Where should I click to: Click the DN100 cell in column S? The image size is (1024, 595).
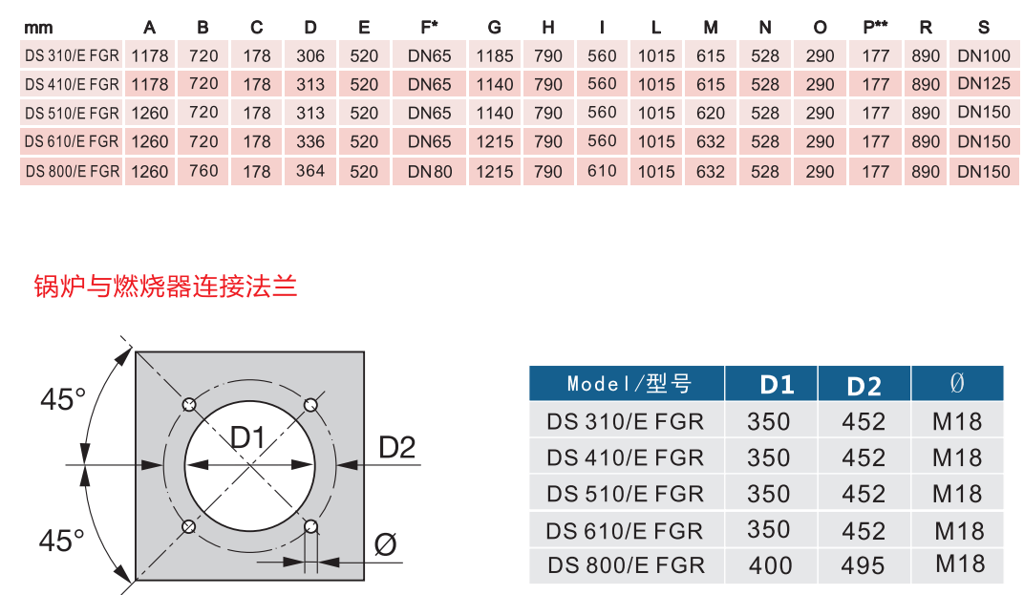click(x=983, y=55)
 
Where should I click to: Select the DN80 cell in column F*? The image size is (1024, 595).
click(x=429, y=172)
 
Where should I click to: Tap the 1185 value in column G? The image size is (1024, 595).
click(x=494, y=55)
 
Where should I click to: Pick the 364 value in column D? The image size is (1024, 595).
click(x=310, y=172)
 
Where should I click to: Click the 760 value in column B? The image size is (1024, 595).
click(x=203, y=172)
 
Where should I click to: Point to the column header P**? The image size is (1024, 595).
click(x=875, y=28)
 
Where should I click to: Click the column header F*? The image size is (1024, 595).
click(x=429, y=28)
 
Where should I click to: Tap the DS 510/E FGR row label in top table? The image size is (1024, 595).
click(x=73, y=114)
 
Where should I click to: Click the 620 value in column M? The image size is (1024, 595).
click(x=711, y=114)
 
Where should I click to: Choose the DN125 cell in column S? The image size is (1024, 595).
click(x=983, y=84)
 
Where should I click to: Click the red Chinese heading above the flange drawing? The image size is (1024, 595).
click(x=165, y=285)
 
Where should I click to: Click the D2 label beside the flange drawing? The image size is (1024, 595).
click(x=396, y=446)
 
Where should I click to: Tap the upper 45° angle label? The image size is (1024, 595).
click(x=63, y=399)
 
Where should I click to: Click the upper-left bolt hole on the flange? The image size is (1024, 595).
click(x=190, y=404)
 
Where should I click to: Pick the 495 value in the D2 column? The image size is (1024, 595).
click(x=863, y=565)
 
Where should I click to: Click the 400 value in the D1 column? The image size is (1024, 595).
click(x=770, y=565)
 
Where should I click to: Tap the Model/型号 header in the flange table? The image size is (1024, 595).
click(x=628, y=384)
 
